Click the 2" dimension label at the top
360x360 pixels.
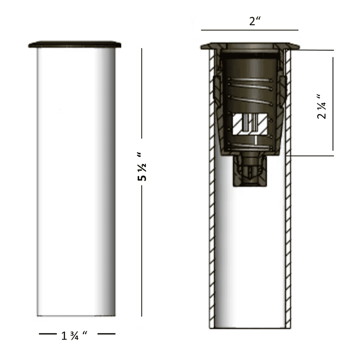pyautogui.click(x=255, y=21)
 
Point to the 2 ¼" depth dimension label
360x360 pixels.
pyautogui.click(x=322, y=106)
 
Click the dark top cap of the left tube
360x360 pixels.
pyautogui.click(x=75, y=45)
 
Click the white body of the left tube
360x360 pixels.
pyautogui.click(x=76, y=182)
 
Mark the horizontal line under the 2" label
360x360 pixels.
pyautogui.click(x=250, y=30)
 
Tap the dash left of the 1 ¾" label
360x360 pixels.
pyautogui.click(x=48, y=334)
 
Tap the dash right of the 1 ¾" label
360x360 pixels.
pyautogui.click(x=106, y=334)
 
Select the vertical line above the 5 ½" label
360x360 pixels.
pyautogui.click(x=142, y=94)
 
